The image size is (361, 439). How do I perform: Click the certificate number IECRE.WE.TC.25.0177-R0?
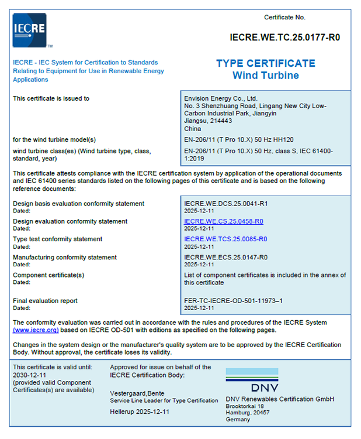point(285,37)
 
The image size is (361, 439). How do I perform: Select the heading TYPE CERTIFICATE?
point(265,63)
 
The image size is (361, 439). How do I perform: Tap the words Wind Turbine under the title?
point(265,76)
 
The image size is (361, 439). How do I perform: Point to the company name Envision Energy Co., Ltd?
point(220,98)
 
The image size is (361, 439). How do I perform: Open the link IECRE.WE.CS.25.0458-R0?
point(223,221)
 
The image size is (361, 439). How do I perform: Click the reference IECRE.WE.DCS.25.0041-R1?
point(225,204)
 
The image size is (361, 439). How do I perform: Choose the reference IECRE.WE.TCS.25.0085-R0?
point(225,239)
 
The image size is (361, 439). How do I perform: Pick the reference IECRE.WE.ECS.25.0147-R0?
point(225,257)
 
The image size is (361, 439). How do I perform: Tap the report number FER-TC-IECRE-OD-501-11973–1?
point(233,301)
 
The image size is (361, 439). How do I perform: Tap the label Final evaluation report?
point(45,301)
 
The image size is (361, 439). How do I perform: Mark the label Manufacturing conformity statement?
point(64,257)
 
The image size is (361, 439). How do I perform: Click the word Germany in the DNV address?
point(238,419)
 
